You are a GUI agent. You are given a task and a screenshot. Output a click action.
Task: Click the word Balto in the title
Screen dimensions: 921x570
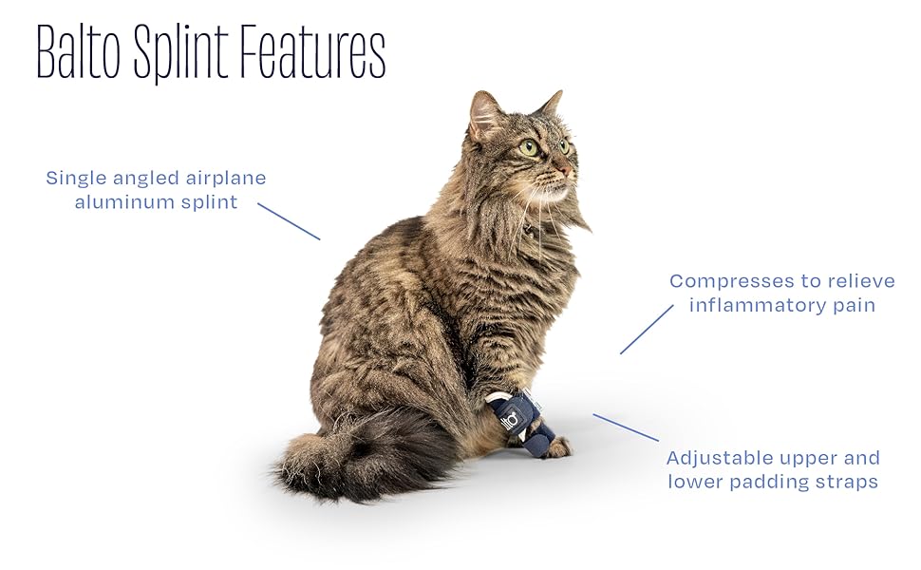79,51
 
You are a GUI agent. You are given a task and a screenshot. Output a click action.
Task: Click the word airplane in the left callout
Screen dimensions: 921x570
226,179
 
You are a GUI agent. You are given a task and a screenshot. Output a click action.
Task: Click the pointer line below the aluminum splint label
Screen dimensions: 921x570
289,221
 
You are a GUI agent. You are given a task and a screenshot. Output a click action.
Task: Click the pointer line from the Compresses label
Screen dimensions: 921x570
647,329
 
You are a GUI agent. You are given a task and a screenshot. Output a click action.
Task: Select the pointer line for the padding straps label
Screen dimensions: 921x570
626,427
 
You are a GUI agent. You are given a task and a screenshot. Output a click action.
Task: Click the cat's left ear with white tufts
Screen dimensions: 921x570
484,116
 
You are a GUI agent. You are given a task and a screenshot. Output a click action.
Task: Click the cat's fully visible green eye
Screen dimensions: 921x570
529,147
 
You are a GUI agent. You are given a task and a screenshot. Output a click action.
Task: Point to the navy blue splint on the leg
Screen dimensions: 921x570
520,422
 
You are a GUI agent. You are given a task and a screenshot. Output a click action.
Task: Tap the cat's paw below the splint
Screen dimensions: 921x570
558,447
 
